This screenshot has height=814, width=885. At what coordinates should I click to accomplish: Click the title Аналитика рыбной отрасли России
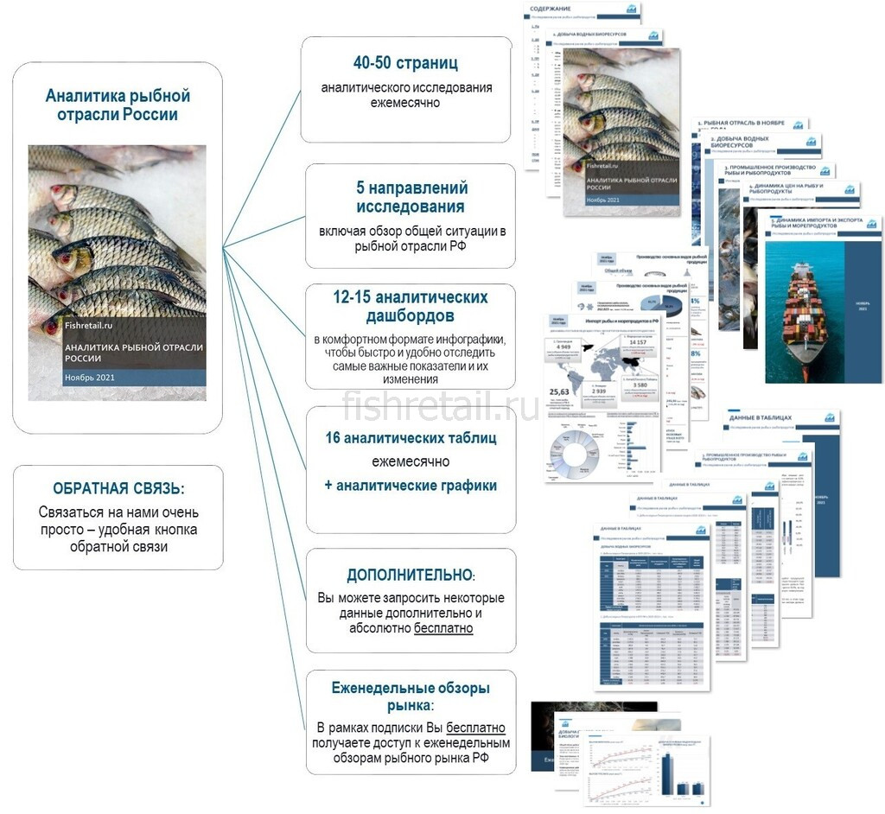click(x=118, y=105)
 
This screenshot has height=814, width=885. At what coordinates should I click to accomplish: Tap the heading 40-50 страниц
click(x=405, y=63)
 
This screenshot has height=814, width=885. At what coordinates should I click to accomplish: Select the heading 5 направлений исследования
click(x=411, y=197)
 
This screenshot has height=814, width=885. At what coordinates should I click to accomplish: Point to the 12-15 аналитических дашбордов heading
click(x=410, y=307)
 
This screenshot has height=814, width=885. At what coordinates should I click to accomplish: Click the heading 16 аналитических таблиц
click(x=411, y=438)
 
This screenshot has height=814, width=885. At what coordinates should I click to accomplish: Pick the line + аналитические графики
click(x=411, y=486)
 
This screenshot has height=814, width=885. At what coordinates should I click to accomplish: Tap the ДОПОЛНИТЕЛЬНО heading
click(x=410, y=575)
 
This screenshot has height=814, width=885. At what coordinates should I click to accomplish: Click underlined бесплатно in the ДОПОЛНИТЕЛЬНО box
click(x=443, y=628)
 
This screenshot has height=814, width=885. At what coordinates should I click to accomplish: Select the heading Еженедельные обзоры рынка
click(x=411, y=696)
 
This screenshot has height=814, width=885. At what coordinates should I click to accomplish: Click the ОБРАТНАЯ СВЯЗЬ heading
click(x=118, y=488)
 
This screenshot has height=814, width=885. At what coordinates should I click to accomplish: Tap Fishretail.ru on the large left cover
click(x=89, y=325)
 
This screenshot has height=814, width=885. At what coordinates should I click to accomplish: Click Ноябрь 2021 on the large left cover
click(x=89, y=378)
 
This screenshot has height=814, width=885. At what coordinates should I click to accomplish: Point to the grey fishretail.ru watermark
click(x=441, y=406)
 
